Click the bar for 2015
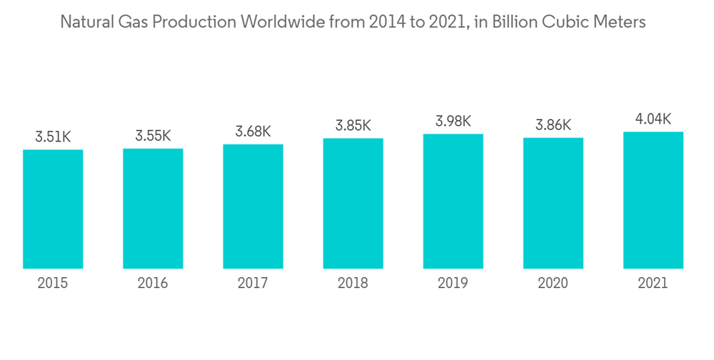point(53,209)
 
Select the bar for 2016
point(153,209)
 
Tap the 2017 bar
point(253,206)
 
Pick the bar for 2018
point(353,204)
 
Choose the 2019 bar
point(453,201)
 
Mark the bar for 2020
point(553,203)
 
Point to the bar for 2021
point(653,200)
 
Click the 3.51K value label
point(53,136)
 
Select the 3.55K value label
point(153,135)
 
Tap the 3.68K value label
point(253,131)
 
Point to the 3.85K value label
point(353,125)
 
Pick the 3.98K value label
point(453,121)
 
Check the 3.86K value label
point(553,124)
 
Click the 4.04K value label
point(653,119)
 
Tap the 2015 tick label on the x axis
point(53,284)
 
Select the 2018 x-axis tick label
point(353,284)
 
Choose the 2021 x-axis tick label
point(653,284)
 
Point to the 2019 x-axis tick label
point(453,284)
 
